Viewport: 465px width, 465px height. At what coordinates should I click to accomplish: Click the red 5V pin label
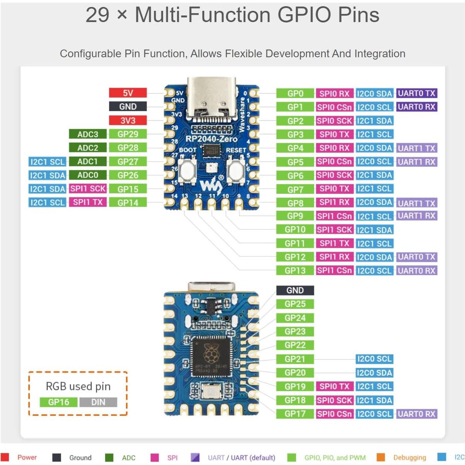(128, 93)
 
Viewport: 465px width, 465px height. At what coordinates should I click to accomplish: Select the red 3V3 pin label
(128, 120)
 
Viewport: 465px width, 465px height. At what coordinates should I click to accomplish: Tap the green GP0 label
(295, 93)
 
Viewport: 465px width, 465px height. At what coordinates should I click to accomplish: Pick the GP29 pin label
(128, 134)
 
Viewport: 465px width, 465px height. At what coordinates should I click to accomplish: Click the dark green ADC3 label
(88, 134)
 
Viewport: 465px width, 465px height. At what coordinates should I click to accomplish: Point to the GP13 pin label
(295, 270)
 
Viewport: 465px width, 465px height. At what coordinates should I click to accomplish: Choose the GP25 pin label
(295, 304)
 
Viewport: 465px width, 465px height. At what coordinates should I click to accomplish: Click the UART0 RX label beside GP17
(417, 414)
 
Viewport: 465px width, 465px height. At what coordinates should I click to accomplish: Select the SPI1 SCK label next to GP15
(88, 189)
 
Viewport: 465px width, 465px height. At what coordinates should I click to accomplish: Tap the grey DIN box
(98, 402)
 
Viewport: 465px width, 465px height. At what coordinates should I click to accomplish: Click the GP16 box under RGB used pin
(59, 402)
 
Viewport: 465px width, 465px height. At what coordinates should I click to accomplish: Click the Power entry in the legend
(26, 458)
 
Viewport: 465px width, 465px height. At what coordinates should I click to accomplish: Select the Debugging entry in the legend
(409, 458)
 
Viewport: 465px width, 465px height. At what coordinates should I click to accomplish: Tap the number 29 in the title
(97, 15)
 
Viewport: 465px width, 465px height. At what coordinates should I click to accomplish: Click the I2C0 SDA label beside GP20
(374, 373)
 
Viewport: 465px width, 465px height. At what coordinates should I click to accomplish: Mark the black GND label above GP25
(295, 291)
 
